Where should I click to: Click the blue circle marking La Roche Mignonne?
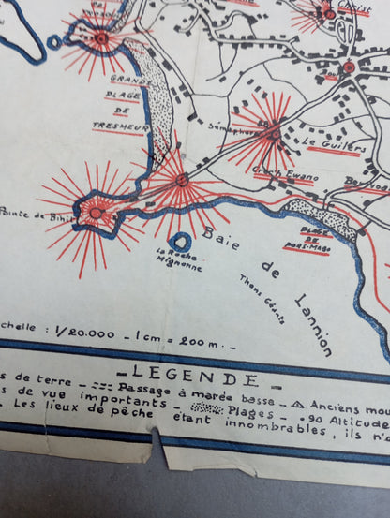click(182, 242)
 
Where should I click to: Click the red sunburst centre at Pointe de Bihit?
click(95, 213)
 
